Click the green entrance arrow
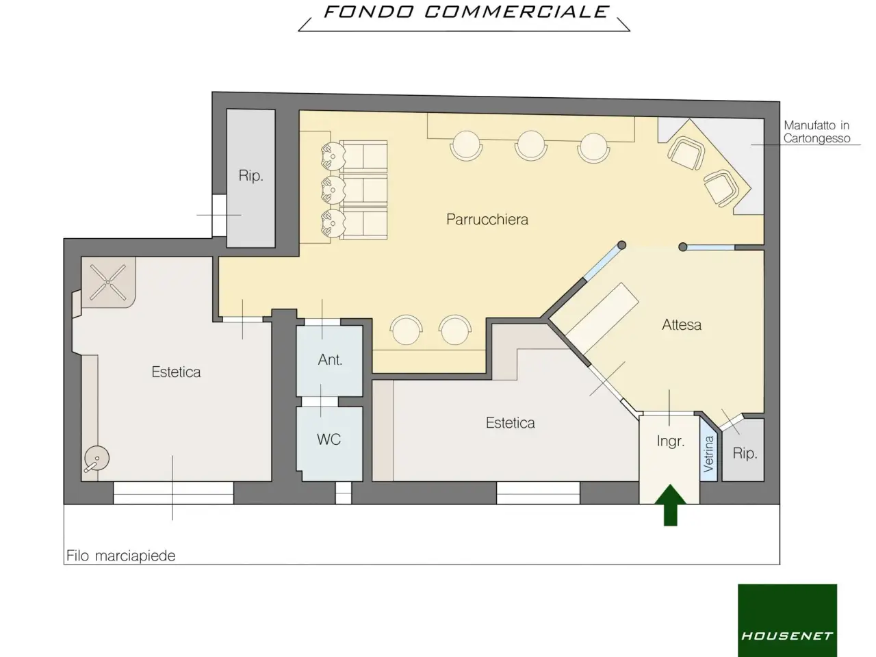pyautogui.click(x=671, y=506)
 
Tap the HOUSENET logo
pyautogui.click(x=787, y=620)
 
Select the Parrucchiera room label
pyautogui.click(x=487, y=220)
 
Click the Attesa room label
pyautogui.click(x=682, y=324)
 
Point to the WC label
pyautogui.click(x=329, y=439)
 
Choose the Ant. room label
pyautogui.click(x=330, y=360)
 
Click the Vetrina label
pyautogui.click(x=709, y=454)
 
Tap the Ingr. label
pyautogui.click(x=671, y=441)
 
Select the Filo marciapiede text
pyautogui.click(x=121, y=556)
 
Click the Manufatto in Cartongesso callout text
pyautogui.click(x=816, y=131)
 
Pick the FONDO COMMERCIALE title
pyautogui.click(x=466, y=12)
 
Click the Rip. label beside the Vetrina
pyautogui.click(x=745, y=454)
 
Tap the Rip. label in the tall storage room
pyautogui.click(x=251, y=175)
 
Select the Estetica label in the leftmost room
pyautogui.click(x=176, y=372)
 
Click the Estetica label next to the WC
pyautogui.click(x=510, y=423)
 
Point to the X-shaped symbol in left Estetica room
pyautogui.click(x=107, y=282)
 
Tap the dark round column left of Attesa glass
pyautogui.click(x=622, y=245)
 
